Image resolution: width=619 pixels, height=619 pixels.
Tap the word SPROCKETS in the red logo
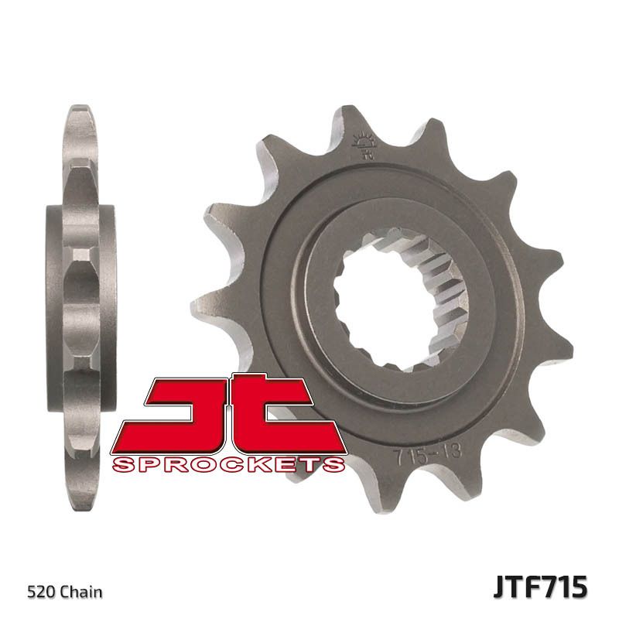point(227,464)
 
